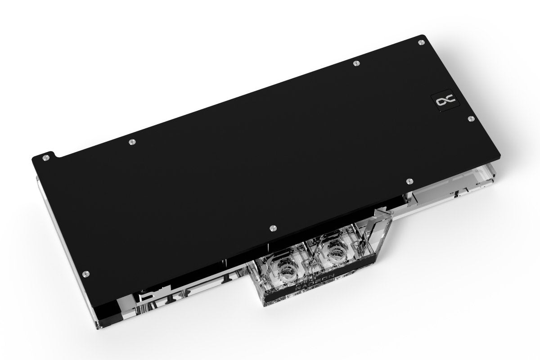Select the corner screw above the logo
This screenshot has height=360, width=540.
420,41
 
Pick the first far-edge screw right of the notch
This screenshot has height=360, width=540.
131,143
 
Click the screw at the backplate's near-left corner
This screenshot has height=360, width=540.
87,274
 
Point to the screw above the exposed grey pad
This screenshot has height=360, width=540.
409,181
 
